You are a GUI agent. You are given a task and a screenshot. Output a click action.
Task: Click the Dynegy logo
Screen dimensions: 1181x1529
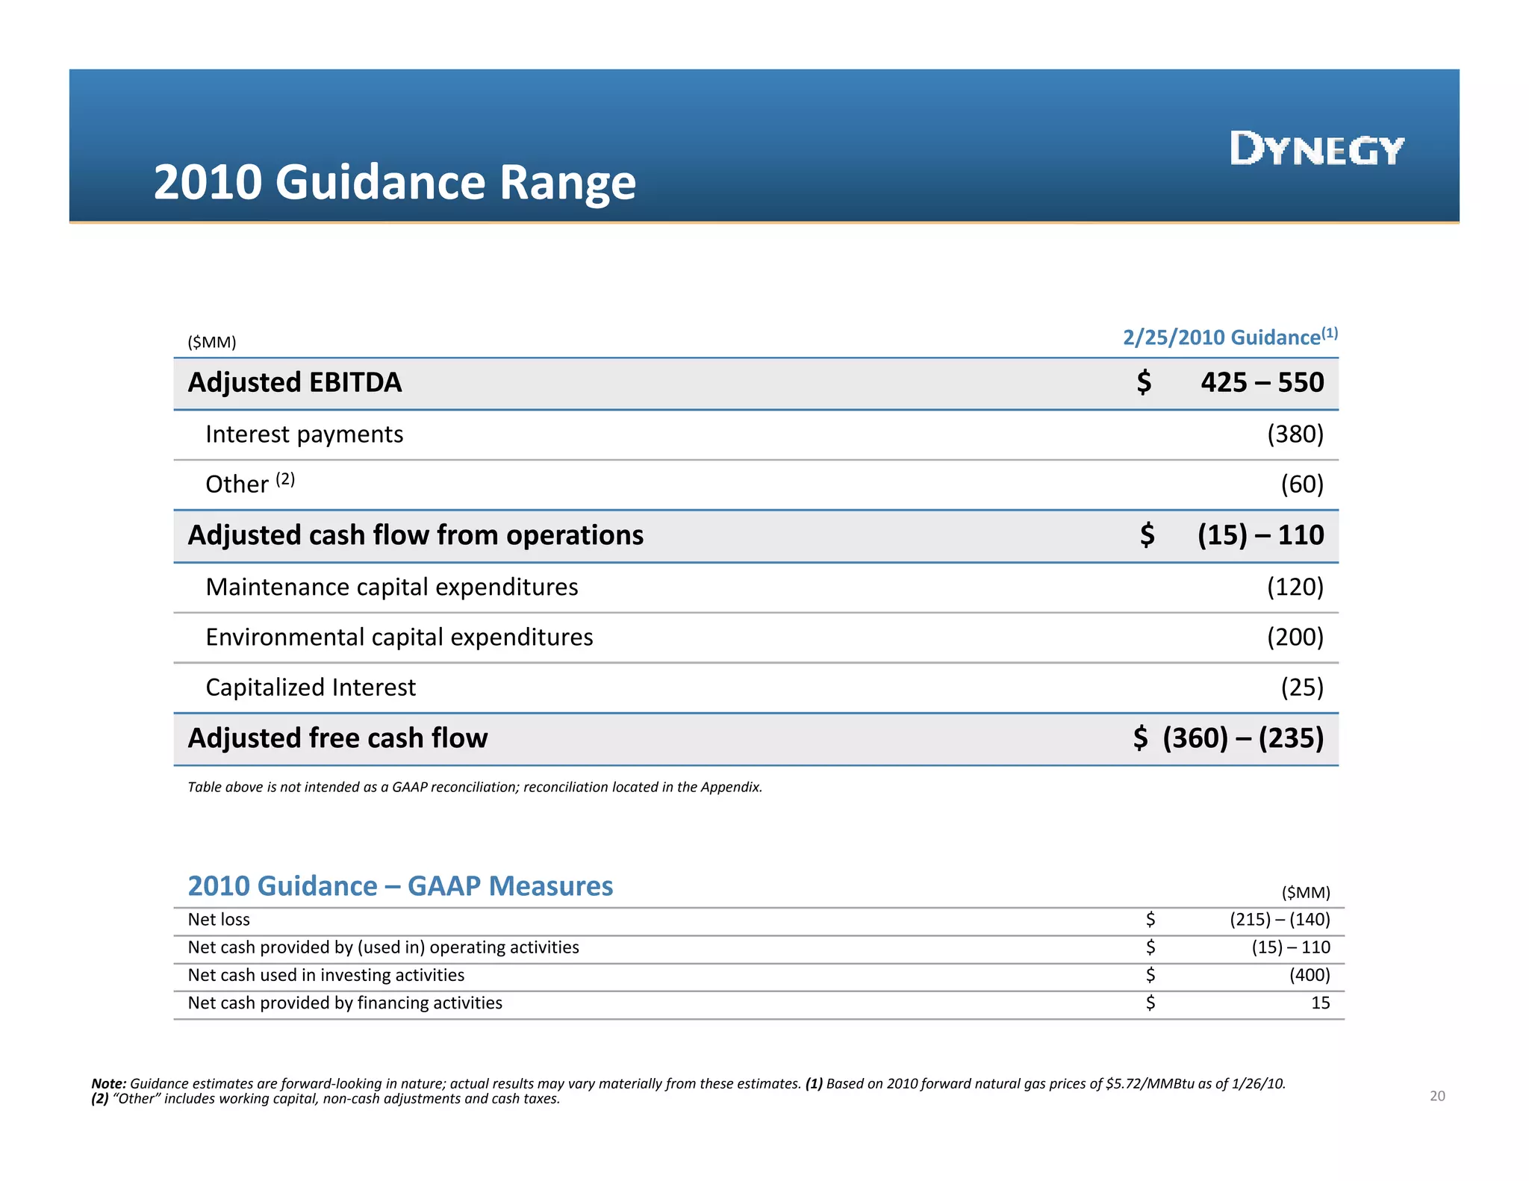pos(1316,149)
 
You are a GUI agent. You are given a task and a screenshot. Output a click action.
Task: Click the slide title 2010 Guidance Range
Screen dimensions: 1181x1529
pos(394,182)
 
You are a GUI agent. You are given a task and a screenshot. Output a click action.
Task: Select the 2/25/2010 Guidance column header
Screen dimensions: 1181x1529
pos(1229,337)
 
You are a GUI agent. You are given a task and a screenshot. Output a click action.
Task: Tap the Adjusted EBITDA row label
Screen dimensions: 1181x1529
pos(295,383)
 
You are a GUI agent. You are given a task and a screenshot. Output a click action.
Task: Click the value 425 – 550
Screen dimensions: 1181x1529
pos(1262,383)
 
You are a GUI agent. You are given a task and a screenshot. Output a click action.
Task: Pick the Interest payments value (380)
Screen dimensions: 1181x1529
pos(1295,434)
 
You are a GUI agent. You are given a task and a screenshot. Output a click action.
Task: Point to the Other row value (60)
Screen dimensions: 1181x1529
pos(1301,484)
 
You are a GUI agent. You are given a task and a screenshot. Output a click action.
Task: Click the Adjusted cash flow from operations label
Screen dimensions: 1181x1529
pos(415,535)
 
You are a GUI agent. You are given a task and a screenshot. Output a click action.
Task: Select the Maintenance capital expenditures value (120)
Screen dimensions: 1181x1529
pos(1295,588)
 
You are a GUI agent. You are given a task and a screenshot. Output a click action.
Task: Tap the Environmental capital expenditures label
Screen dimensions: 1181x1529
pos(399,638)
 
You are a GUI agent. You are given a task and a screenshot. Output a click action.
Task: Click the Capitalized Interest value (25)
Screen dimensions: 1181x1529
pos(1301,688)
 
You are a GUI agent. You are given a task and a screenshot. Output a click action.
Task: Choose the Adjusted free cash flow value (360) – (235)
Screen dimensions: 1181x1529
pos(1243,738)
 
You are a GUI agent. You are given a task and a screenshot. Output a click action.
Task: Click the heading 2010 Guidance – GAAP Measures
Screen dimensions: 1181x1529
pos(400,886)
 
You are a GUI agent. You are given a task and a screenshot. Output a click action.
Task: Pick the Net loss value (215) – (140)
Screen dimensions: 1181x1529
pos(1280,920)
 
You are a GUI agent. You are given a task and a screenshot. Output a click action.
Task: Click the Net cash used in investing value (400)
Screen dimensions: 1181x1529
pos(1309,975)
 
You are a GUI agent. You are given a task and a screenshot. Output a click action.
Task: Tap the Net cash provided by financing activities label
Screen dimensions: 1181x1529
pos(345,1003)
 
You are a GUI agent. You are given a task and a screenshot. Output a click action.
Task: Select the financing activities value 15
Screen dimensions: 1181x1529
pos(1320,1003)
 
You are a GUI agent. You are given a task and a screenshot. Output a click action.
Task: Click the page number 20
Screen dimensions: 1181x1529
pos(1437,1096)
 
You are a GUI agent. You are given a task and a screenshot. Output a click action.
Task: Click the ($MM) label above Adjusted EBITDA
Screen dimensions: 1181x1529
pos(212,343)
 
